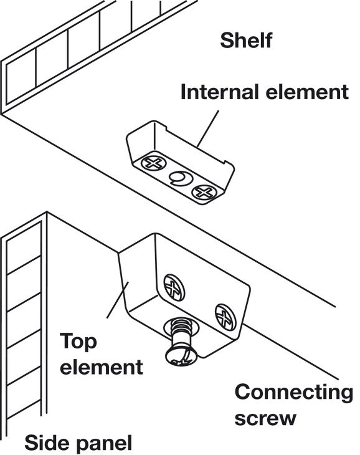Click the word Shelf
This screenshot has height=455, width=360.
(246, 41)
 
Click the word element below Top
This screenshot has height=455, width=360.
(101, 366)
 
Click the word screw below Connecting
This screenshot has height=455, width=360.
(265, 418)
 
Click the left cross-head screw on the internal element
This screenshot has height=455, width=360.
(153, 163)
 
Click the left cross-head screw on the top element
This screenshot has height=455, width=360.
(174, 287)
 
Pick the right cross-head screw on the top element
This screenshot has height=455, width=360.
(225, 317)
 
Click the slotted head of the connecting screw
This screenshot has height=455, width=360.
(181, 355)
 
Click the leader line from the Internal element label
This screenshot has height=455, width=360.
(208, 128)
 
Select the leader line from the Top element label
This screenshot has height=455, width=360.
(117, 300)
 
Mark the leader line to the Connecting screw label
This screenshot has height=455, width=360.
(290, 352)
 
